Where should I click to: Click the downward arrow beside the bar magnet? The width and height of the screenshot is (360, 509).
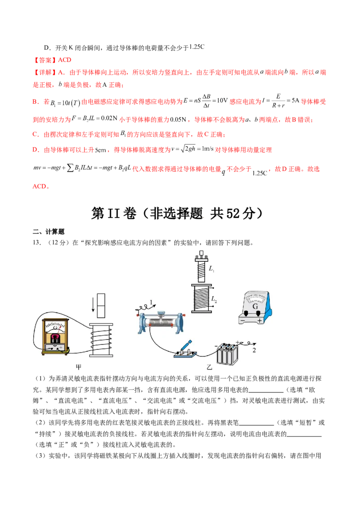pyautogui.click(x=93, y=305)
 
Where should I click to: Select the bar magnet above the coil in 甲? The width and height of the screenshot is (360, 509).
pyautogui.click(x=101, y=305)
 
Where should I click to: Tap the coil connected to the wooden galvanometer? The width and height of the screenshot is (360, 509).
pyautogui.click(x=101, y=340)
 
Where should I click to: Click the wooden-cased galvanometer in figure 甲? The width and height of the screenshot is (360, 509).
pyautogui.click(x=55, y=335)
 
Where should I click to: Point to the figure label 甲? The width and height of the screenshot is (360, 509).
pyautogui.click(x=79, y=367)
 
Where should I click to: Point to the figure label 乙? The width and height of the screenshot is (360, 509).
pyautogui.click(x=208, y=367)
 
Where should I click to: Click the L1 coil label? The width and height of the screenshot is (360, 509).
pyautogui.click(x=212, y=269)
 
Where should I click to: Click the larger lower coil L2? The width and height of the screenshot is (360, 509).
pyautogui.click(x=201, y=298)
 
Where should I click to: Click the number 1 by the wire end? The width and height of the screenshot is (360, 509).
pyautogui.click(x=152, y=302)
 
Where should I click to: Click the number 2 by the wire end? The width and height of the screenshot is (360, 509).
pyautogui.click(x=254, y=350)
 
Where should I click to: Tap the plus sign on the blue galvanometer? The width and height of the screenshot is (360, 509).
pyautogui.click(x=260, y=321)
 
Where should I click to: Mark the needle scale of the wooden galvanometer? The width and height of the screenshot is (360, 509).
pyautogui.click(x=55, y=325)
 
